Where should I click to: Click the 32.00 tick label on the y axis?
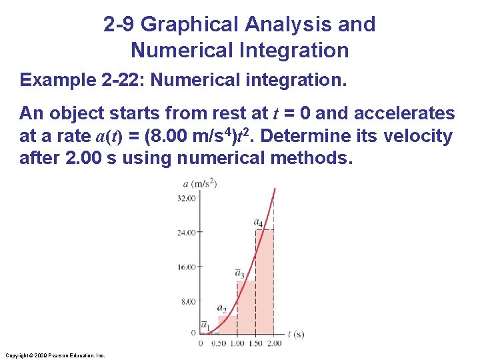tap(186, 198)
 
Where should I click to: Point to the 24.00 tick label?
tap(186, 233)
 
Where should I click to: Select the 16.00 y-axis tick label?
tap(186, 267)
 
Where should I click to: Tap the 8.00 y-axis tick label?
tap(188, 301)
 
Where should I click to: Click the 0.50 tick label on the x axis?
tap(218, 343)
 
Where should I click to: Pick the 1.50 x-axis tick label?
tap(255, 343)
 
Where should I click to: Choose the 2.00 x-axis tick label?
tap(273, 343)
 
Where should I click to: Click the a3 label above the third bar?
tap(239, 273)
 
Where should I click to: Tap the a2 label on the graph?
tap(221, 309)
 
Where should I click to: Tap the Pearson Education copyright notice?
tap(55, 355)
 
